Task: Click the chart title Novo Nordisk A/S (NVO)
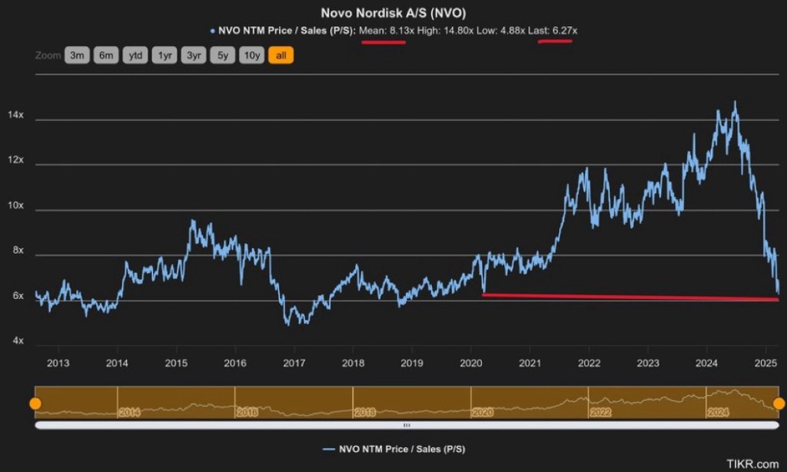point(393,13)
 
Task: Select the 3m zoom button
point(78,55)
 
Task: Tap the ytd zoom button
point(135,55)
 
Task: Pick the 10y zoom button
point(251,55)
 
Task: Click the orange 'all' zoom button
point(281,55)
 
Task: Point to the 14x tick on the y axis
point(15,115)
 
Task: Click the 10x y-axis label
point(15,206)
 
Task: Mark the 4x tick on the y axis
point(15,341)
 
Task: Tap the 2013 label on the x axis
point(58,363)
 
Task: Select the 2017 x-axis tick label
point(294,363)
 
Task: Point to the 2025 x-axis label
point(765,363)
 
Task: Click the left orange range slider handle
point(35,403)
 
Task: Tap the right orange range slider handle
point(779,403)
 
